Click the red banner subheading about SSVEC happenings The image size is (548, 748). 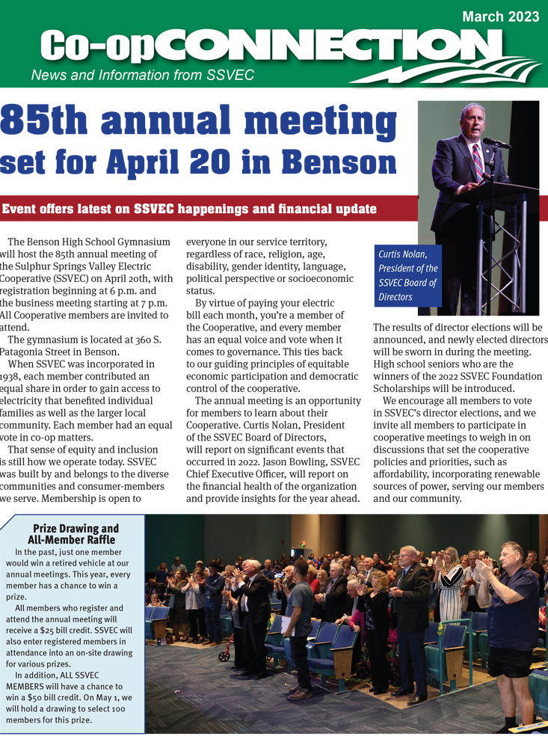point(189,209)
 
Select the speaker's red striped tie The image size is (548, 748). point(477,161)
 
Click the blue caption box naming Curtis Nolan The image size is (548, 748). point(408,275)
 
